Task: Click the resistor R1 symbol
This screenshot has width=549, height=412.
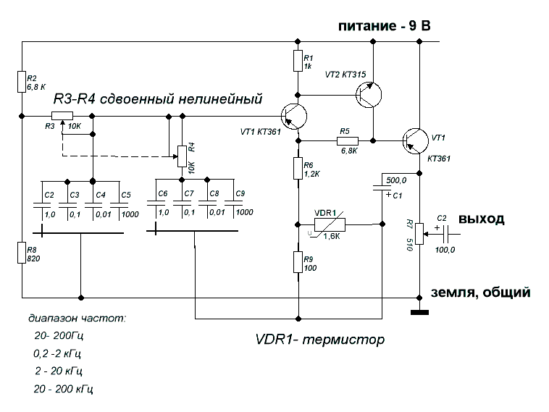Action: (x=298, y=62)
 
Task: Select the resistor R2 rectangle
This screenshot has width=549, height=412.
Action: (x=22, y=82)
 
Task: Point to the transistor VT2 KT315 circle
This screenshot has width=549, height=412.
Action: (x=371, y=94)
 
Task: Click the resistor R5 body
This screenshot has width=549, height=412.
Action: (x=345, y=140)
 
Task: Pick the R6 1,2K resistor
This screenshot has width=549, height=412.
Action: (x=298, y=169)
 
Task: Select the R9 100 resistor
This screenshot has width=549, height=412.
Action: (x=298, y=261)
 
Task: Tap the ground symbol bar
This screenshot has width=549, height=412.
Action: (x=419, y=313)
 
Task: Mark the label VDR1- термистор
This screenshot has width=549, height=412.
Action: (x=319, y=339)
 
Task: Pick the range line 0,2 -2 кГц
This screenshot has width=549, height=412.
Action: (x=57, y=355)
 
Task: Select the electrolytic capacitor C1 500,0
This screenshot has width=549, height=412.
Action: (x=381, y=189)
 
